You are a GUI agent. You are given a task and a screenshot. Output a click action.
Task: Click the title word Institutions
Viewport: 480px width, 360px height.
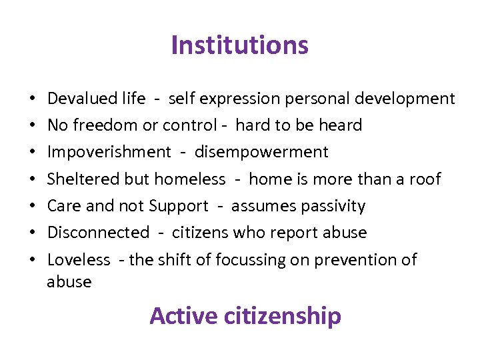(239, 45)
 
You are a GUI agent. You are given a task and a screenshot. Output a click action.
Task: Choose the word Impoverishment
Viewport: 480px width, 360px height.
(109, 152)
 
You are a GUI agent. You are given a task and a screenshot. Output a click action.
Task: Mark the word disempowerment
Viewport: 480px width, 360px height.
(261, 152)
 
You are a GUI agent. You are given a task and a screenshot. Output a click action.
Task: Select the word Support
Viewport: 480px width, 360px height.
(179, 206)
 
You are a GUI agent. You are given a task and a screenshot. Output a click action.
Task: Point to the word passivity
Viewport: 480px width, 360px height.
(333, 206)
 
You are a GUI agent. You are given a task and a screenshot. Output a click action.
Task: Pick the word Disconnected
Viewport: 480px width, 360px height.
(98, 233)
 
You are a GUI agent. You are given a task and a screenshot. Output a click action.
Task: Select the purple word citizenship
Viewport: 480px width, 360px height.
(283, 315)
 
